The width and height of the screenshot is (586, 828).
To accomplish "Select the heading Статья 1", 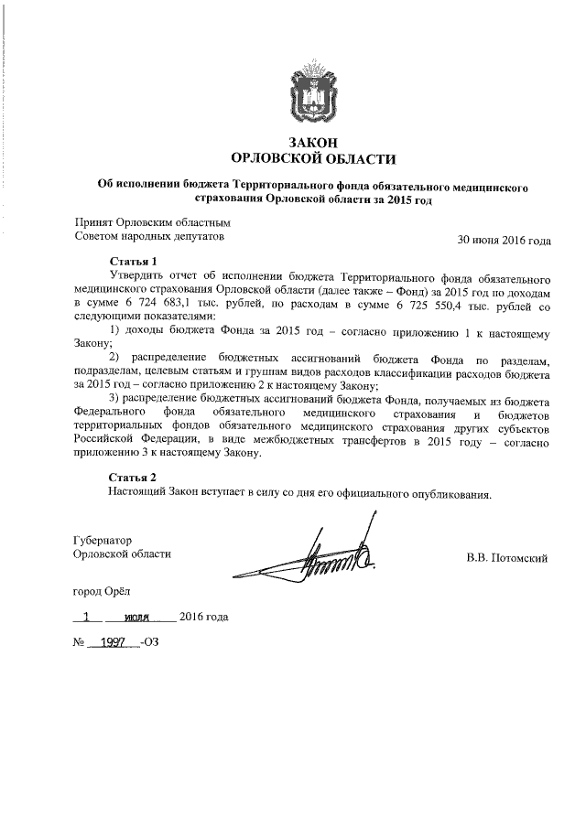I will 134,261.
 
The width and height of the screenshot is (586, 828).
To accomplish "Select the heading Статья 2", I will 134,478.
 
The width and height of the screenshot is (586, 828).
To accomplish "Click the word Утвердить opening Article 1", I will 136,274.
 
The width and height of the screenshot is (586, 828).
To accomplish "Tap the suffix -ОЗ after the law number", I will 150,641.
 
